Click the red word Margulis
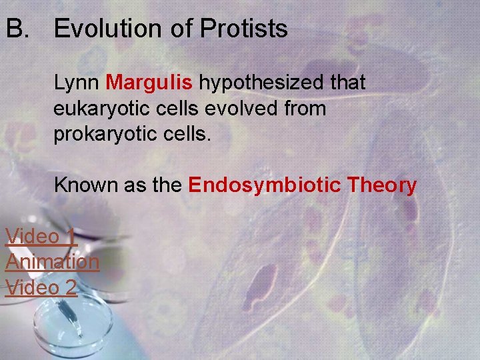pos(149,83)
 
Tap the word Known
pos(85,185)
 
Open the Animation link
pos(52,261)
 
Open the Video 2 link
pos(41,287)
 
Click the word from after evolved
pos(305,108)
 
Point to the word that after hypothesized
pos(345,83)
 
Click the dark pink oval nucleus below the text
pos(265,279)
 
